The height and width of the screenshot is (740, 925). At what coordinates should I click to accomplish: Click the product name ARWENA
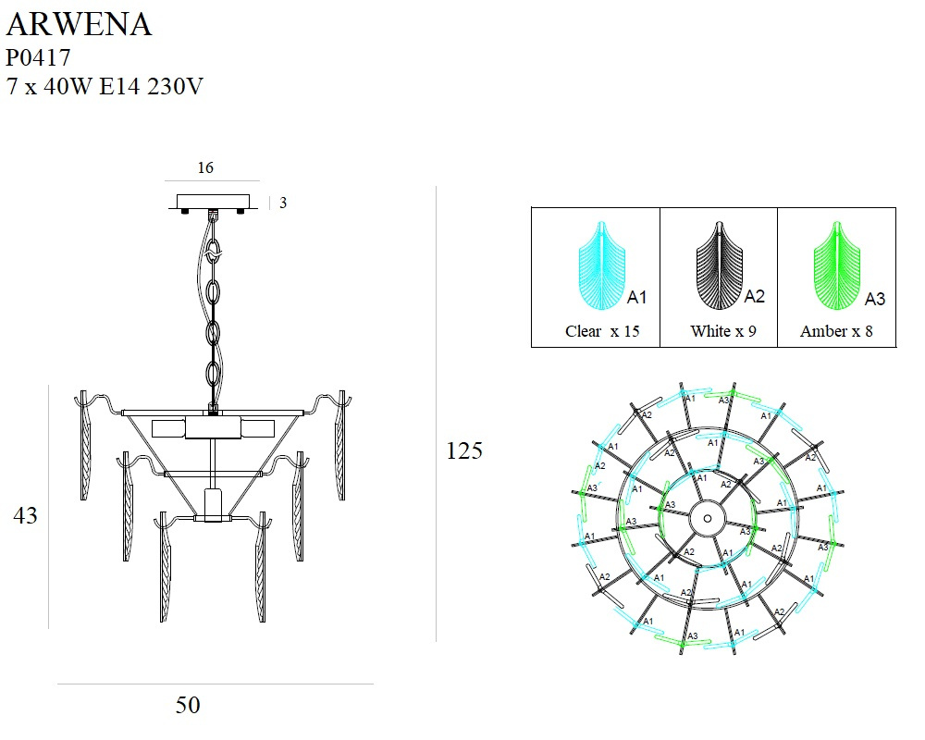[x=79, y=25]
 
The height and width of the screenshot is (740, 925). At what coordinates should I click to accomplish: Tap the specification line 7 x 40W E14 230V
[x=105, y=88]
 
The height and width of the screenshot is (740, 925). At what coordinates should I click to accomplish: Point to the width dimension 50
[x=188, y=705]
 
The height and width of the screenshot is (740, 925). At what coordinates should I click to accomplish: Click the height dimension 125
[x=464, y=450]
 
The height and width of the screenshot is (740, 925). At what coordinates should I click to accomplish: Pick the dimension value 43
[x=25, y=515]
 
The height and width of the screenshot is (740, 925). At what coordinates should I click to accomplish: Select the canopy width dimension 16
[x=205, y=167]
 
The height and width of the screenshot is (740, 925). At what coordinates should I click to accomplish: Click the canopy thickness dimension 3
[x=283, y=203]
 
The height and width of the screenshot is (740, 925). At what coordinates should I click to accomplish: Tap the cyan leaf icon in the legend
[x=601, y=266]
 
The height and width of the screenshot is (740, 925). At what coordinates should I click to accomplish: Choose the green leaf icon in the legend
[x=837, y=266]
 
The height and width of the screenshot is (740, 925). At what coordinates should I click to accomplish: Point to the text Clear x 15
[x=602, y=331]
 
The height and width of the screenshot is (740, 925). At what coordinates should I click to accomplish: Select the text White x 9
[x=722, y=331]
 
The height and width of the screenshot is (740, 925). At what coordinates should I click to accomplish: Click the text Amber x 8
[x=836, y=331]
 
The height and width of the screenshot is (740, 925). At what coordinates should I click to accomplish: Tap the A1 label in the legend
[x=636, y=298]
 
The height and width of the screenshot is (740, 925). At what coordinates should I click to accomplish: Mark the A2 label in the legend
[x=755, y=297]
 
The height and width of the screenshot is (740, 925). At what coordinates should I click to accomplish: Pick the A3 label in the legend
[x=874, y=299]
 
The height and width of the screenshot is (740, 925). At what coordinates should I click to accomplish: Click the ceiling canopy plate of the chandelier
[x=214, y=202]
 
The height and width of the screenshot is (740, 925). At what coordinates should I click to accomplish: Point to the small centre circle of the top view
[x=708, y=519]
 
